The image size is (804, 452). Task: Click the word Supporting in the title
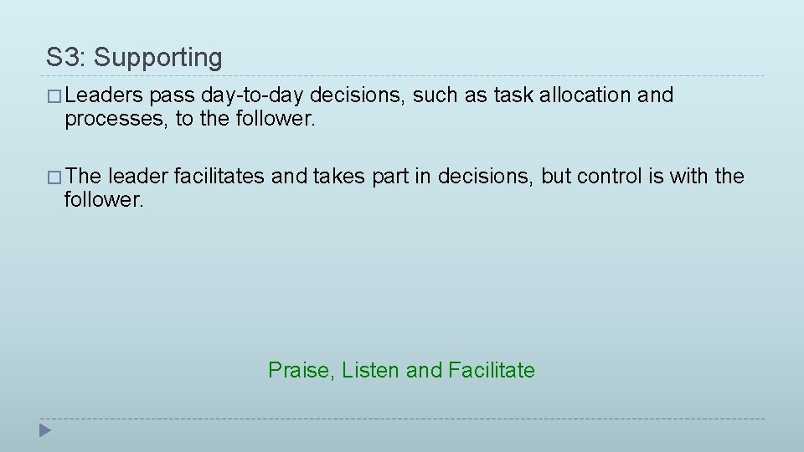pos(158,58)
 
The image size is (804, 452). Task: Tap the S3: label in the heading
pos(67,58)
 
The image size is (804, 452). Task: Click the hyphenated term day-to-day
pos(253,95)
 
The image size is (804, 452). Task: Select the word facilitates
pos(219,177)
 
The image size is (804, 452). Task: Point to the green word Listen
pos(371,370)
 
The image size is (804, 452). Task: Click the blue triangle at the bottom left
pos(46,431)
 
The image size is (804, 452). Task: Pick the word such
pos(435,95)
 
